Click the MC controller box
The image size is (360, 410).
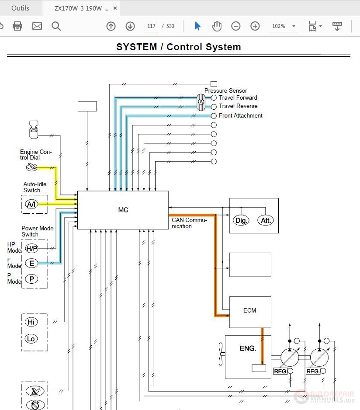pos(123,210)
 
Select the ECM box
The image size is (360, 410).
pos(250,312)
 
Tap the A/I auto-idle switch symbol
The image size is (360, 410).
pos(31,204)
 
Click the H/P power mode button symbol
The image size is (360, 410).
pos(31,248)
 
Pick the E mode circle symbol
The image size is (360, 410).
pos(31,263)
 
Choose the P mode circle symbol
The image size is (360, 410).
pos(31,279)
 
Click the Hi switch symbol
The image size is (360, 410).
pos(31,322)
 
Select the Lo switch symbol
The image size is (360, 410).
pos(31,339)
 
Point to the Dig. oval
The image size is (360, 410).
pos(241,220)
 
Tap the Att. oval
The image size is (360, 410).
pos(266,220)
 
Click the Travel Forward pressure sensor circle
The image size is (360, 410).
pos(214,98)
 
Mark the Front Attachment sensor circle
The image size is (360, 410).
pos(214,116)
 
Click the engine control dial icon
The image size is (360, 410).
pos(31,167)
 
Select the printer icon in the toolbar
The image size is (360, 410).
pos(17,26)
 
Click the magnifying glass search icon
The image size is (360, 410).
pos(56,26)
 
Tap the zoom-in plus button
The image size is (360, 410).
pos(255,26)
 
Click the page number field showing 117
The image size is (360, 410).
pos(151,26)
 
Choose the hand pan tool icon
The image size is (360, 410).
pos(217,26)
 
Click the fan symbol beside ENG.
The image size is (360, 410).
pos(221,354)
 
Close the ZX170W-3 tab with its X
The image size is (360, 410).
pos(115,8)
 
